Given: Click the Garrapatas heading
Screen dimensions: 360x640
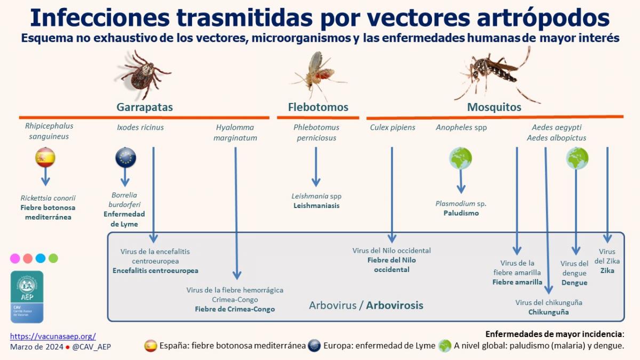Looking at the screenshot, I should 145,107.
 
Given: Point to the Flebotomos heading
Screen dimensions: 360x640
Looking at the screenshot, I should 318,107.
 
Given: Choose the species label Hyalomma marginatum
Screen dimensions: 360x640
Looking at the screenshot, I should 235,132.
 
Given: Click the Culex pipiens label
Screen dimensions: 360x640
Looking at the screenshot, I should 393,127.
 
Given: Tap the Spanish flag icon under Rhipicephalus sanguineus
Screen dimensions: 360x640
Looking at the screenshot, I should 45,157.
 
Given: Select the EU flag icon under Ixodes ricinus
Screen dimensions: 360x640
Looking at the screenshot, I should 126,157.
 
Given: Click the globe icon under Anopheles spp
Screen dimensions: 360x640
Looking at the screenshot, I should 461,157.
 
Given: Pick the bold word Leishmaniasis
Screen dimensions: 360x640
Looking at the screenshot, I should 316,206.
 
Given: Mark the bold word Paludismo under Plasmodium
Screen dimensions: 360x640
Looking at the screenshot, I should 461,213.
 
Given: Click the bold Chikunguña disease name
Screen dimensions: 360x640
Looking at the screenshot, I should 548,312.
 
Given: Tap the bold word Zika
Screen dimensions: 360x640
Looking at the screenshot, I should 607,270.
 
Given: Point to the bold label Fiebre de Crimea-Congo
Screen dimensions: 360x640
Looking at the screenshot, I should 235,309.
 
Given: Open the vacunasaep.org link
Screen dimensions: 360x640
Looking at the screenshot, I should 53,337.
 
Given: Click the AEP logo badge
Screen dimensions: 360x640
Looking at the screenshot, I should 27,297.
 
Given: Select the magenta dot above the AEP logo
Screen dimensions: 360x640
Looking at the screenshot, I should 15,258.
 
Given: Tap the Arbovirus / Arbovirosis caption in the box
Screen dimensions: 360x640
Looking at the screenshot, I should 366,306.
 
